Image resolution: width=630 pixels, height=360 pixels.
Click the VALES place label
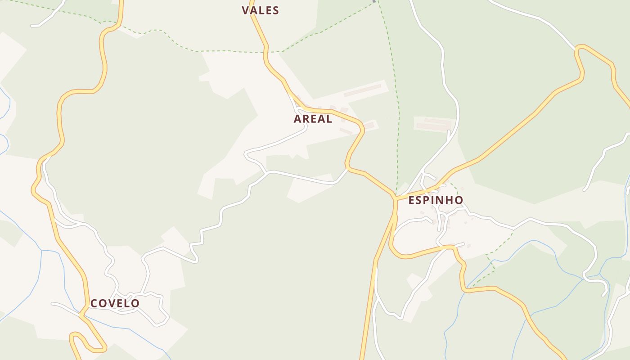pyautogui.click(x=260, y=10)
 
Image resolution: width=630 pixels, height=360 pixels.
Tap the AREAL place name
pyautogui.click(x=313, y=119)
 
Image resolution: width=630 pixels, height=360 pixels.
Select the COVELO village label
pyautogui.click(x=115, y=303)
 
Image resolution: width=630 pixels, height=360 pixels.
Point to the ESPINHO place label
pyautogui.click(x=436, y=200)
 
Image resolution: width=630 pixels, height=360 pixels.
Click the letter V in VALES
pyautogui.click(x=246, y=10)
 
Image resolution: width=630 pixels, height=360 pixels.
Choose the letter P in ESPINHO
pyautogui.click(x=429, y=200)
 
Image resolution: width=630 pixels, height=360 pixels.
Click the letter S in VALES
pyautogui.click(x=275, y=10)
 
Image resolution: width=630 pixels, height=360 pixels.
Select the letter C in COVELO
pyautogui.click(x=94, y=303)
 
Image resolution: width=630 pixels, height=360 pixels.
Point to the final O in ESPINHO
pyautogui.click(x=459, y=200)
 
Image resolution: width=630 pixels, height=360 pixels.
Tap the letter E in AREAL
pyautogui.click(x=314, y=119)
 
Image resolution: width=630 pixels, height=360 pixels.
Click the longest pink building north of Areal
pyautogui.click(x=362, y=90)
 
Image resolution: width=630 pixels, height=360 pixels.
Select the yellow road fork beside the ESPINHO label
pyautogui.click(x=395, y=198)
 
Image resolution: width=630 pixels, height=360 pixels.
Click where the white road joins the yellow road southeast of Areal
pyautogui.click(x=347, y=169)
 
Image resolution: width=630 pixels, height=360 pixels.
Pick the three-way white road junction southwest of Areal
pyautogui.click(x=266, y=172)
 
